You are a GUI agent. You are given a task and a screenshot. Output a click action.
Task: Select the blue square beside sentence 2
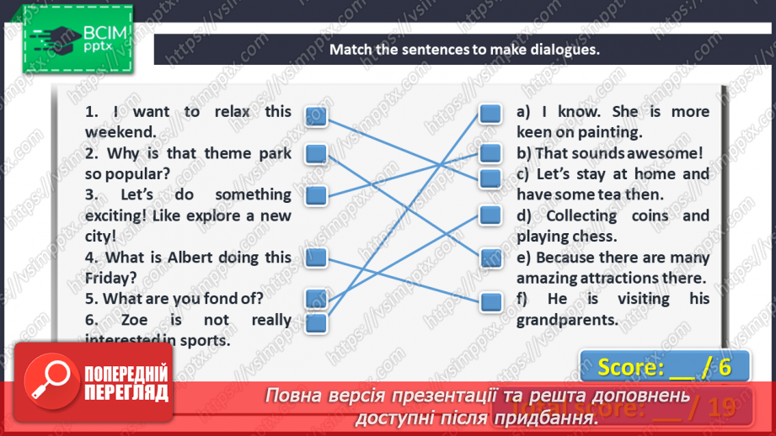click(x=315, y=154)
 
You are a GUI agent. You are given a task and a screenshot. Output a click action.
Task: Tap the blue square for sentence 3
click(x=315, y=196)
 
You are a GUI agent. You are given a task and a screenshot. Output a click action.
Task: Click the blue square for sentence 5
click(x=315, y=296)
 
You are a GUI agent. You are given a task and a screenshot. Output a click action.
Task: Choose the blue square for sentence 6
click(x=315, y=322)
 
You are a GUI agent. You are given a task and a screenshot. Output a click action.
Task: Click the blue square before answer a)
click(x=490, y=114)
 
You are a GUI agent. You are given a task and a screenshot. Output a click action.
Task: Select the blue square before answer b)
click(x=490, y=153)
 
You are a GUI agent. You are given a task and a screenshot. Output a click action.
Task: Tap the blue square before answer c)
click(x=490, y=178)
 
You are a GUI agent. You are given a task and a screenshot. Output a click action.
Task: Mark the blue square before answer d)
click(x=490, y=215)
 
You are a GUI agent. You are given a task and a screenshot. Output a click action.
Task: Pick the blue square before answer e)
click(x=490, y=258)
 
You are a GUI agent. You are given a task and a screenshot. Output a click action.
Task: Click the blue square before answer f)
click(x=490, y=300)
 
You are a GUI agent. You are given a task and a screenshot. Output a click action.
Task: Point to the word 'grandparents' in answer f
click(x=567, y=320)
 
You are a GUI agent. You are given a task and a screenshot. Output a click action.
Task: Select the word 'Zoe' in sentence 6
click(x=135, y=320)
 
